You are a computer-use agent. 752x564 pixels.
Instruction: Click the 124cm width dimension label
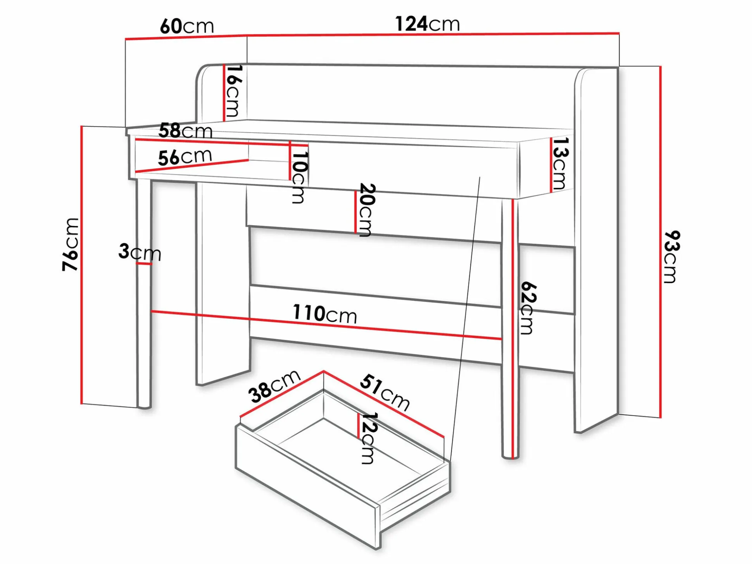tap(427, 24)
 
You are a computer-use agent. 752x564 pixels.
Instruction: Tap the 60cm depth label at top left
tap(187, 26)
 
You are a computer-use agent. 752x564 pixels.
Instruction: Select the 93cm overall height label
tap(671, 257)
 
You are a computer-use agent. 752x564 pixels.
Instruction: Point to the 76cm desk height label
tap(71, 244)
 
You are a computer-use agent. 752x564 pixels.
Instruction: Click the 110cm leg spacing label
tap(325, 314)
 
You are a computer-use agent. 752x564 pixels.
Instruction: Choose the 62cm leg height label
tap(528, 308)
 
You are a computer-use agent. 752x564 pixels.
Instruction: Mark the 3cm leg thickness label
tap(140, 252)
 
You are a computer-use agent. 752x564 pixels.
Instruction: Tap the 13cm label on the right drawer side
tap(560, 163)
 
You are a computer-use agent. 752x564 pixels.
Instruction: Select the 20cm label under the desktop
tap(366, 210)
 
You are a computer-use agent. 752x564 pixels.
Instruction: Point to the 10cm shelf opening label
tap(300, 178)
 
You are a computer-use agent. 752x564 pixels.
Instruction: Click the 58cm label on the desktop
tap(185, 131)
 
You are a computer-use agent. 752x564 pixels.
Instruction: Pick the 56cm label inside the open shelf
tap(185, 157)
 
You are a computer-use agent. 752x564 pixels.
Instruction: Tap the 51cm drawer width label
tap(385, 392)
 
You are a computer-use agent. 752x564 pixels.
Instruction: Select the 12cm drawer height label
tap(369, 438)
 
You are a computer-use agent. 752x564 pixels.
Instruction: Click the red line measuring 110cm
tap(326, 325)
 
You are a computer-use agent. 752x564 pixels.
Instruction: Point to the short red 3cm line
tap(144, 264)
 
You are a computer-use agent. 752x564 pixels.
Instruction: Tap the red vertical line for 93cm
tap(660, 242)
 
